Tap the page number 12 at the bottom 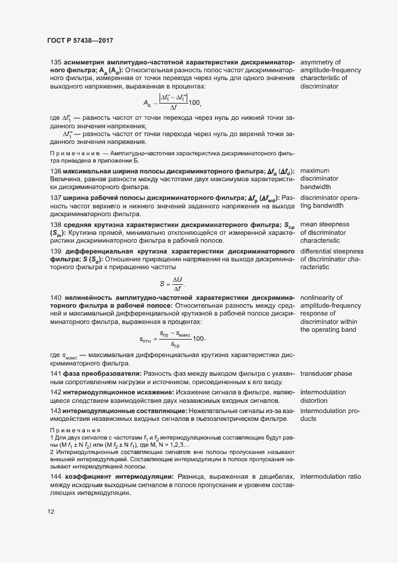51,512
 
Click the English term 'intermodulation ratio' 331,476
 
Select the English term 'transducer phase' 326,374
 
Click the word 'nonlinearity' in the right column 320,297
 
